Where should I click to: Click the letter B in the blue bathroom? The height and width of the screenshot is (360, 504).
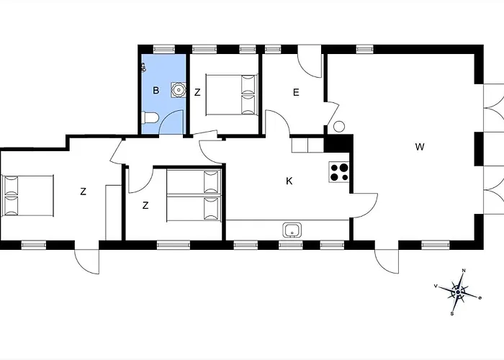click(x=156, y=90)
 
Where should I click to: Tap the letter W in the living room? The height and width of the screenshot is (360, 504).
click(x=420, y=147)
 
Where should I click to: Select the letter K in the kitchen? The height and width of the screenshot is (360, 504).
click(x=289, y=181)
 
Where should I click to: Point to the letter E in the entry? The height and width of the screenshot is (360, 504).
click(x=296, y=92)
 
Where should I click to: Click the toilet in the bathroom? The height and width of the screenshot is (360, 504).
click(x=150, y=117)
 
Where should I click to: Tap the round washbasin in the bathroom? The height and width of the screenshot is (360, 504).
click(x=179, y=90)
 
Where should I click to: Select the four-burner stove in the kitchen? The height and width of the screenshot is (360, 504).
click(x=339, y=172)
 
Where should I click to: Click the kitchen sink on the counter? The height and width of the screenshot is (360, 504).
click(x=292, y=230)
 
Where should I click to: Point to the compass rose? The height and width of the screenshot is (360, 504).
click(x=458, y=292)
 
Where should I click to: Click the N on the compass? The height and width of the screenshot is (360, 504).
click(x=464, y=271)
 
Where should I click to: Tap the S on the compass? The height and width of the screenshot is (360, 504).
click(x=452, y=313)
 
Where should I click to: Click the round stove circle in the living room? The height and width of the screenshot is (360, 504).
click(x=339, y=126)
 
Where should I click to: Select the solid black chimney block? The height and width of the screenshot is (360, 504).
click(x=338, y=144)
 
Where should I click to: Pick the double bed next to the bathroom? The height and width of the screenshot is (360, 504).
click(x=231, y=94)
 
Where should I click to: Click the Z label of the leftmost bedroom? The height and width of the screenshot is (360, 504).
click(x=84, y=192)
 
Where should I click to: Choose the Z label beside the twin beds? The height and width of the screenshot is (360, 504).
click(x=145, y=205)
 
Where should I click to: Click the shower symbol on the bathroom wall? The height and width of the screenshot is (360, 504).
click(x=143, y=67)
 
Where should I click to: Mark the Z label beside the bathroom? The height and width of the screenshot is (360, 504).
click(x=197, y=92)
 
